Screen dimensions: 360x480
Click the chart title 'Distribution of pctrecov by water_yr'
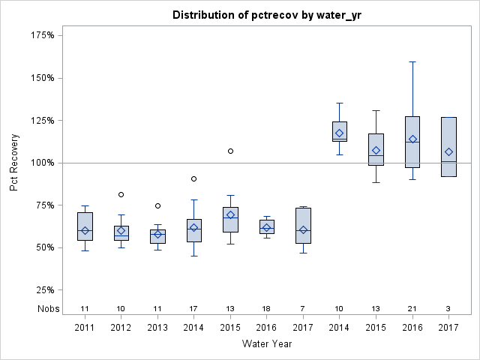click(267, 15)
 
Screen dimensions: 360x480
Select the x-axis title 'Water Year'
click(267, 344)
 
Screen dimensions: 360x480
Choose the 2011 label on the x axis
click(85, 328)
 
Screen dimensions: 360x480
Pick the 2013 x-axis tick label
click(157, 328)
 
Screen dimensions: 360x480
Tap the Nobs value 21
click(412, 309)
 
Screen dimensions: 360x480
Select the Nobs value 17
click(194, 309)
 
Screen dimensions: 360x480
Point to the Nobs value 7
click(303, 309)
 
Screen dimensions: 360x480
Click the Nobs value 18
click(267, 309)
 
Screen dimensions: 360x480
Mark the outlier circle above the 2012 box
click(121, 195)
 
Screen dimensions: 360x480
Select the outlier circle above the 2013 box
click(157, 205)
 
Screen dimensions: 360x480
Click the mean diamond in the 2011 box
click(85, 230)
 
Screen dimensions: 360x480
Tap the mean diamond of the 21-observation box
click(412, 139)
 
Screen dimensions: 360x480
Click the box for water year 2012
click(121, 233)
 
